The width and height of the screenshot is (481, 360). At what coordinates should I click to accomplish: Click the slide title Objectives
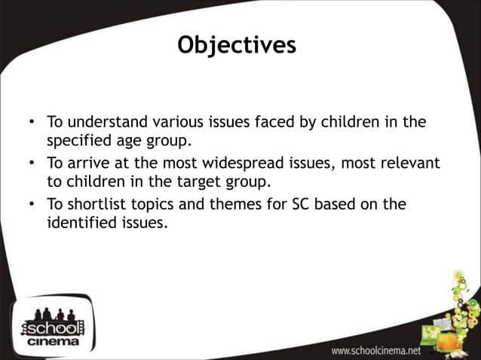click(x=237, y=45)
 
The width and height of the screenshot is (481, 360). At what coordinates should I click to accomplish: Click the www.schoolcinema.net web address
click(x=376, y=351)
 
